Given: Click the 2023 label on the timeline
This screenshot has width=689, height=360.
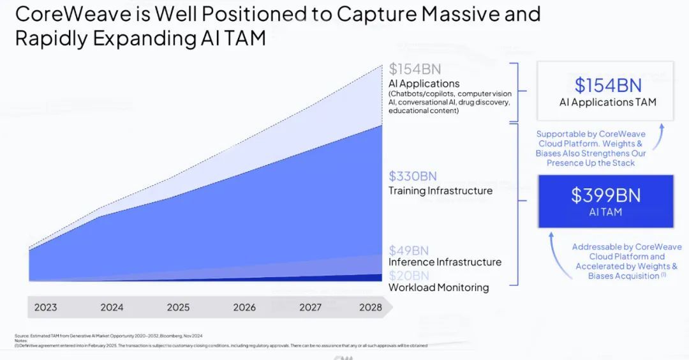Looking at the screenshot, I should (45, 307).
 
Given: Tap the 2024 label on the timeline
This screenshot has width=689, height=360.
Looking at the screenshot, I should (112, 307).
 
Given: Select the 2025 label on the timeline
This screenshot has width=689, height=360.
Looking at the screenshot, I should (178, 307).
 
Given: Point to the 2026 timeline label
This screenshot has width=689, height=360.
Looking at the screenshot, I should (244, 307).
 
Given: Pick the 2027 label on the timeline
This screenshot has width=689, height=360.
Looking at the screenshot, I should (310, 307).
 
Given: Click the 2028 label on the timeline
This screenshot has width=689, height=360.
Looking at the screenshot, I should (370, 307).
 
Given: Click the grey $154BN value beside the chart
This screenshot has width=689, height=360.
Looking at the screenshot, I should (415, 69).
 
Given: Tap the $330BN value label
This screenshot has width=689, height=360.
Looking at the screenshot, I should (413, 176).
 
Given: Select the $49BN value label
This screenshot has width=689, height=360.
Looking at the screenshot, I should (408, 250).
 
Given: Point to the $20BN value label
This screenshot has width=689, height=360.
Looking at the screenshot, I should (408, 275).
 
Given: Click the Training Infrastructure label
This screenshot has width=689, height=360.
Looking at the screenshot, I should (440, 190).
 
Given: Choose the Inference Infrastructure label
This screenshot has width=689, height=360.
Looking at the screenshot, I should (445, 262).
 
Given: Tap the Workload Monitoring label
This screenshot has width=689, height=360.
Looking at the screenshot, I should (438, 287).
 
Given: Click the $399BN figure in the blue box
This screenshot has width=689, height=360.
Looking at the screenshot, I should (605, 195).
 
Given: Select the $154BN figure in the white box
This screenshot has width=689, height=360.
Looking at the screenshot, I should (607, 85).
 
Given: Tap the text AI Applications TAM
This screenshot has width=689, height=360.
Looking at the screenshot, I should (607, 102).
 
